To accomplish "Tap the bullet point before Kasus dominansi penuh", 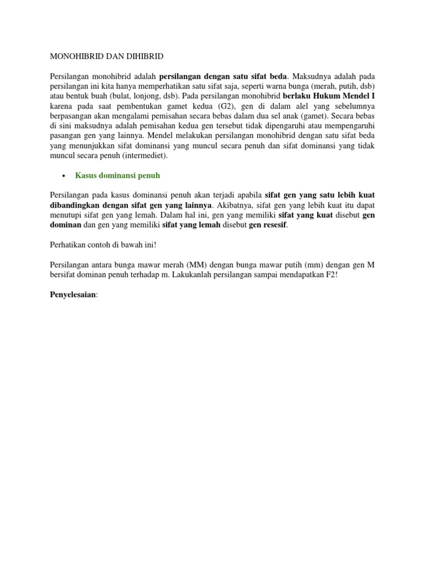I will pyautogui.click(x=63, y=176).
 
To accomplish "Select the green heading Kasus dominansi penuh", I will pyautogui.click(x=117, y=176).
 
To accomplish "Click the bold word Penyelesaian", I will pyautogui.click(x=72, y=295).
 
